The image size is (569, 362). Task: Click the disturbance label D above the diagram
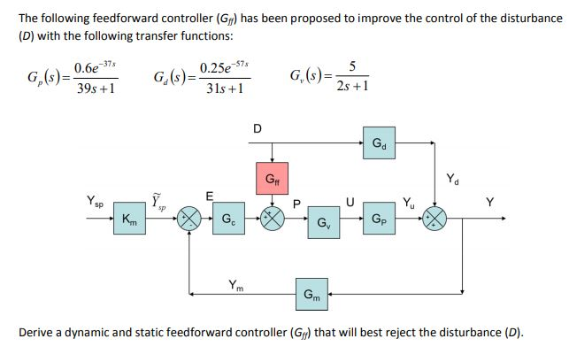point(257,127)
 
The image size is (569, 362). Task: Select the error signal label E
point(209,196)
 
